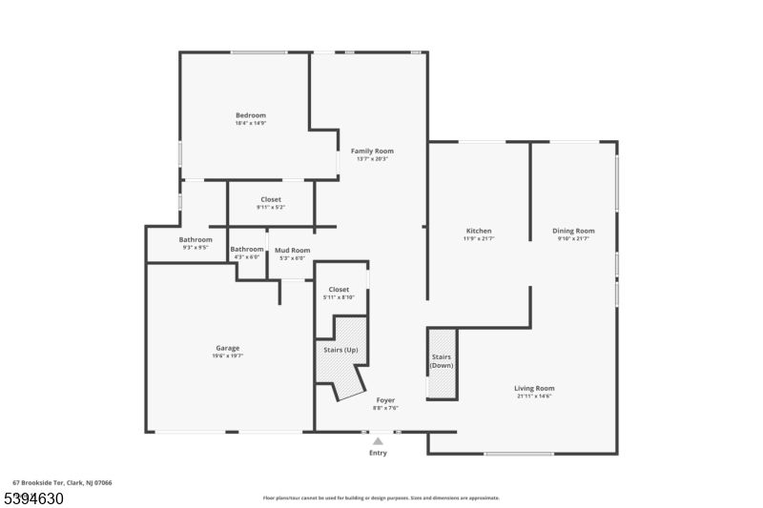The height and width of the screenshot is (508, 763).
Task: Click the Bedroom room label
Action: coord(251,115)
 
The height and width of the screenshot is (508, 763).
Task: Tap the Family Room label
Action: coord(372,151)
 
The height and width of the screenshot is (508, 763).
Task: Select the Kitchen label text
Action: coord(479,231)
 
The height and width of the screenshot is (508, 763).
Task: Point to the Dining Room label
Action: coord(573,231)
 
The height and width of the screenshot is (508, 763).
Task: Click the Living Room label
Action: coord(534,388)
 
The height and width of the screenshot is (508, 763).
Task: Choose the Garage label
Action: coord(227,348)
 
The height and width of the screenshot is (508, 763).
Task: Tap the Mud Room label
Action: coord(293,250)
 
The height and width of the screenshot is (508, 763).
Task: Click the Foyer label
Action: coord(385,400)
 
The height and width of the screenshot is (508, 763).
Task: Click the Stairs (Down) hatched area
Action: coord(442,363)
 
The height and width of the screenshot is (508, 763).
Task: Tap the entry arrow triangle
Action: coord(379,441)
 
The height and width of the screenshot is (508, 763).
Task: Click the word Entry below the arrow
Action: coord(379,453)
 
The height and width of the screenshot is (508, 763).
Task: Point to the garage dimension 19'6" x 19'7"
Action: coord(227,356)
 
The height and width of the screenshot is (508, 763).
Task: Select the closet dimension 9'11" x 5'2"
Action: coord(271,207)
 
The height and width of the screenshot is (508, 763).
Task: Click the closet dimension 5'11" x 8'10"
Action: coord(339,297)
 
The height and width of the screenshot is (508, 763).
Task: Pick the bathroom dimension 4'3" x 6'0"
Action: coord(246,257)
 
